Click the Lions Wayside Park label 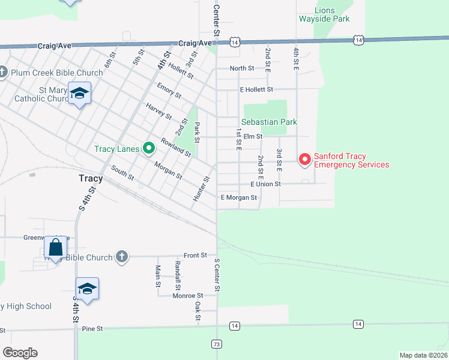pyautogui.click(x=324, y=14)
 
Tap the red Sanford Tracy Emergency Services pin pyautogui.click(x=304, y=159)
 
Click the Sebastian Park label pyautogui.click(x=270, y=122)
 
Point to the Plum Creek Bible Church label pyautogui.click(x=56, y=73)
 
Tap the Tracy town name pyautogui.click(x=91, y=178)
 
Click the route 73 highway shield pyautogui.click(x=217, y=344)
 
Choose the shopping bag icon pyautogui.click(x=55, y=246)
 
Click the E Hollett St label pyautogui.click(x=256, y=89)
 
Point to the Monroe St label pyautogui.click(x=188, y=295)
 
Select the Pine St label pyautogui.click(x=92, y=329)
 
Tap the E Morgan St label pyautogui.click(x=239, y=197)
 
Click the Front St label pyautogui.click(x=195, y=255)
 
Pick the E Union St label pyautogui.click(x=265, y=184)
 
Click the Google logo pyautogui.click(x=20, y=352)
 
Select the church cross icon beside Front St pyautogui.click(x=121, y=257)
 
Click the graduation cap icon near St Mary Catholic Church pyautogui.click(x=79, y=93)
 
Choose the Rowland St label pyautogui.click(x=175, y=148)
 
